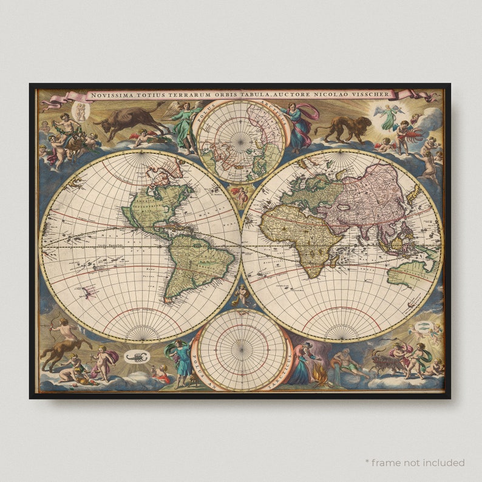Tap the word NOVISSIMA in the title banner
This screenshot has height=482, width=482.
click(x=110, y=95)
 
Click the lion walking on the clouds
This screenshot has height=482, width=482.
click(x=342, y=128)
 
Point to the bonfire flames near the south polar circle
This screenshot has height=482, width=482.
click(x=320, y=377)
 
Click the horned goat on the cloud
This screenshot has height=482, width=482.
click(x=383, y=364)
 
